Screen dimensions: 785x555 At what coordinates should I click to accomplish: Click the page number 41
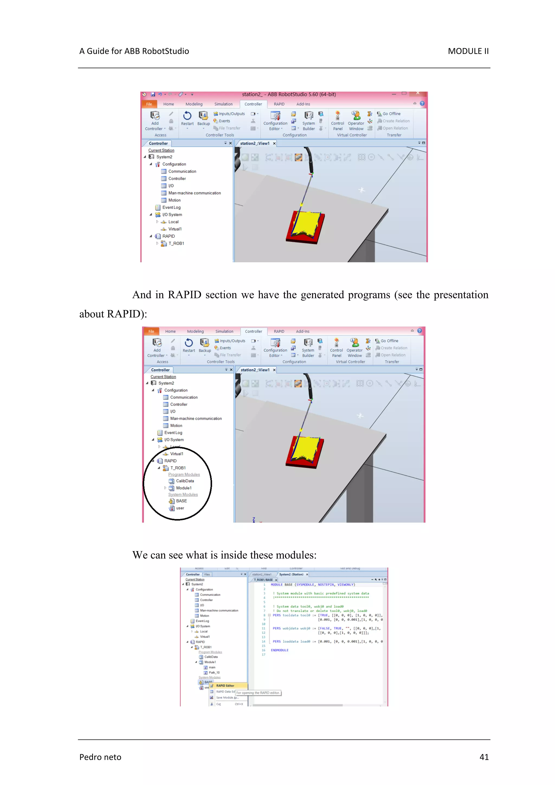tap(484, 757)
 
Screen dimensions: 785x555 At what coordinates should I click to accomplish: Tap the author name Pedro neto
tap(100, 757)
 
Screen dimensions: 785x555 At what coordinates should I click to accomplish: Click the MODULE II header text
tap(468, 51)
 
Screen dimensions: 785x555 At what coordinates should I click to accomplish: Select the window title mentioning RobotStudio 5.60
tap(289, 94)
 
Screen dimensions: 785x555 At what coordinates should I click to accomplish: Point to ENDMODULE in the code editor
tap(280, 650)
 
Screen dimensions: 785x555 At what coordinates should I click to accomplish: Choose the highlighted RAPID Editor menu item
tap(225, 686)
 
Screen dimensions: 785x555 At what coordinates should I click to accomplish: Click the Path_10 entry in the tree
tap(214, 673)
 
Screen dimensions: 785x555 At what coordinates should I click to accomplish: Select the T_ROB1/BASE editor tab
tap(263, 580)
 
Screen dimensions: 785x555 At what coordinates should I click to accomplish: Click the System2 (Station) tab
tap(291, 574)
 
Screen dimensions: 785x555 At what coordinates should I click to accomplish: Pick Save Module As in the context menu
tap(227, 697)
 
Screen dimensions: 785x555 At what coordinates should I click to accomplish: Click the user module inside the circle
tap(180, 508)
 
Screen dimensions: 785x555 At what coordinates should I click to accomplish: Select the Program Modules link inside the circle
tap(184, 474)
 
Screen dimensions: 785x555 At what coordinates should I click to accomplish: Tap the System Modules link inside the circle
tap(183, 495)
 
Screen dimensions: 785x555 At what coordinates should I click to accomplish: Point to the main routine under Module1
tap(212, 667)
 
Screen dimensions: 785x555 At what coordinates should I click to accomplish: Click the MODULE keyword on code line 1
tap(277, 585)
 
